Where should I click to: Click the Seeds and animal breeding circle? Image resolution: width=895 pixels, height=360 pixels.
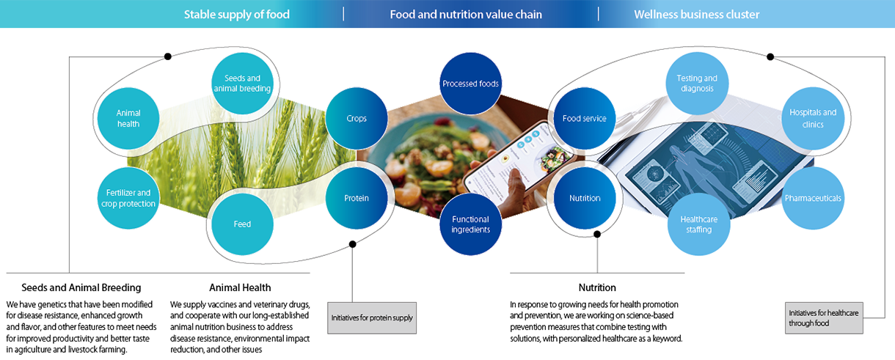[x=242, y=84]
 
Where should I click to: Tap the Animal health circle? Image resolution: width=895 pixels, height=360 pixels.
[x=128, y=119]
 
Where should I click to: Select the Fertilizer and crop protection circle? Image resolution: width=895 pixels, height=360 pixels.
[x=128, y=198]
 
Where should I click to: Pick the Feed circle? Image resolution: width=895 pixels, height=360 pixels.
[x=242, y=224]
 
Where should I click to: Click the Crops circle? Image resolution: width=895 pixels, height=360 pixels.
[x=357, y=119]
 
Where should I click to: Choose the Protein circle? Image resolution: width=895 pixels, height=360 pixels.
[x=357, y=198]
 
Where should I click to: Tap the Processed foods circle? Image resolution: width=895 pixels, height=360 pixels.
[x=471, y=84]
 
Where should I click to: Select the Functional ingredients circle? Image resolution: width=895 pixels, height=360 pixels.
[x=471, y=224]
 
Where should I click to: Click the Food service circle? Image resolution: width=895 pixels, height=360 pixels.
[x=585, y=119]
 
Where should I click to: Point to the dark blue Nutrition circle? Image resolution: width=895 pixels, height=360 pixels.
[x=585, y=198]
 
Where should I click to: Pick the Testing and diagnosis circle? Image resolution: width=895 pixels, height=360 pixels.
[x=697, y=84]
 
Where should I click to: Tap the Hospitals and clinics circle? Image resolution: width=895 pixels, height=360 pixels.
[x=813, y=119]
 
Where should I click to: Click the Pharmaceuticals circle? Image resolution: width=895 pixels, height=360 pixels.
[x=813, y=198]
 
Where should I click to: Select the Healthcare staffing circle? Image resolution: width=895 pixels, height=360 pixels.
[x=699, y=224]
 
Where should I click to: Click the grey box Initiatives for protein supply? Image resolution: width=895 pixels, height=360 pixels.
[x=372, y=318]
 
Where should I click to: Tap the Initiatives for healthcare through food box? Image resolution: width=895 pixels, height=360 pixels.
[x=824, y=318]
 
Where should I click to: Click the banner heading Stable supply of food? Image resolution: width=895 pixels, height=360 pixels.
[x=236, y=15]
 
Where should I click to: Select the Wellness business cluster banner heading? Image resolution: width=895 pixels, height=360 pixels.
[x=697, y=15]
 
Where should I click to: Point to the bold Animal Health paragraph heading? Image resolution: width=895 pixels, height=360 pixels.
[x=240, y=287]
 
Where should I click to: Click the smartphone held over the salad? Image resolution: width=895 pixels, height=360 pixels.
[x=519, y=160]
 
